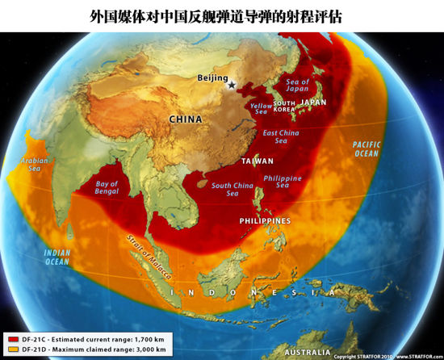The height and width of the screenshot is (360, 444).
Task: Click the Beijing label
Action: [213, 78]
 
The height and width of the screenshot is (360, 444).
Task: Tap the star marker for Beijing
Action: [232, 84]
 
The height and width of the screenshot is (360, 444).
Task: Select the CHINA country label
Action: [185, 119]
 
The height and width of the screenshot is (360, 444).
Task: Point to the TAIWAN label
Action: [257, 161]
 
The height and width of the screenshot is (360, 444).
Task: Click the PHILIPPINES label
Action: [265, 220]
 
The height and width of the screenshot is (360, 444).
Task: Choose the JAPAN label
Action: [312, 103]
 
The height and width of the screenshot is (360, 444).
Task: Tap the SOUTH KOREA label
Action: [283, 107]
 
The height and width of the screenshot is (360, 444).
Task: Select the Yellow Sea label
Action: [262, 109]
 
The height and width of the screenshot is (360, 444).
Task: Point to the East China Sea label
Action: [281, 136]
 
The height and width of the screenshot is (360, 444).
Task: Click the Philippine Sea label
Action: [283, 182]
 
